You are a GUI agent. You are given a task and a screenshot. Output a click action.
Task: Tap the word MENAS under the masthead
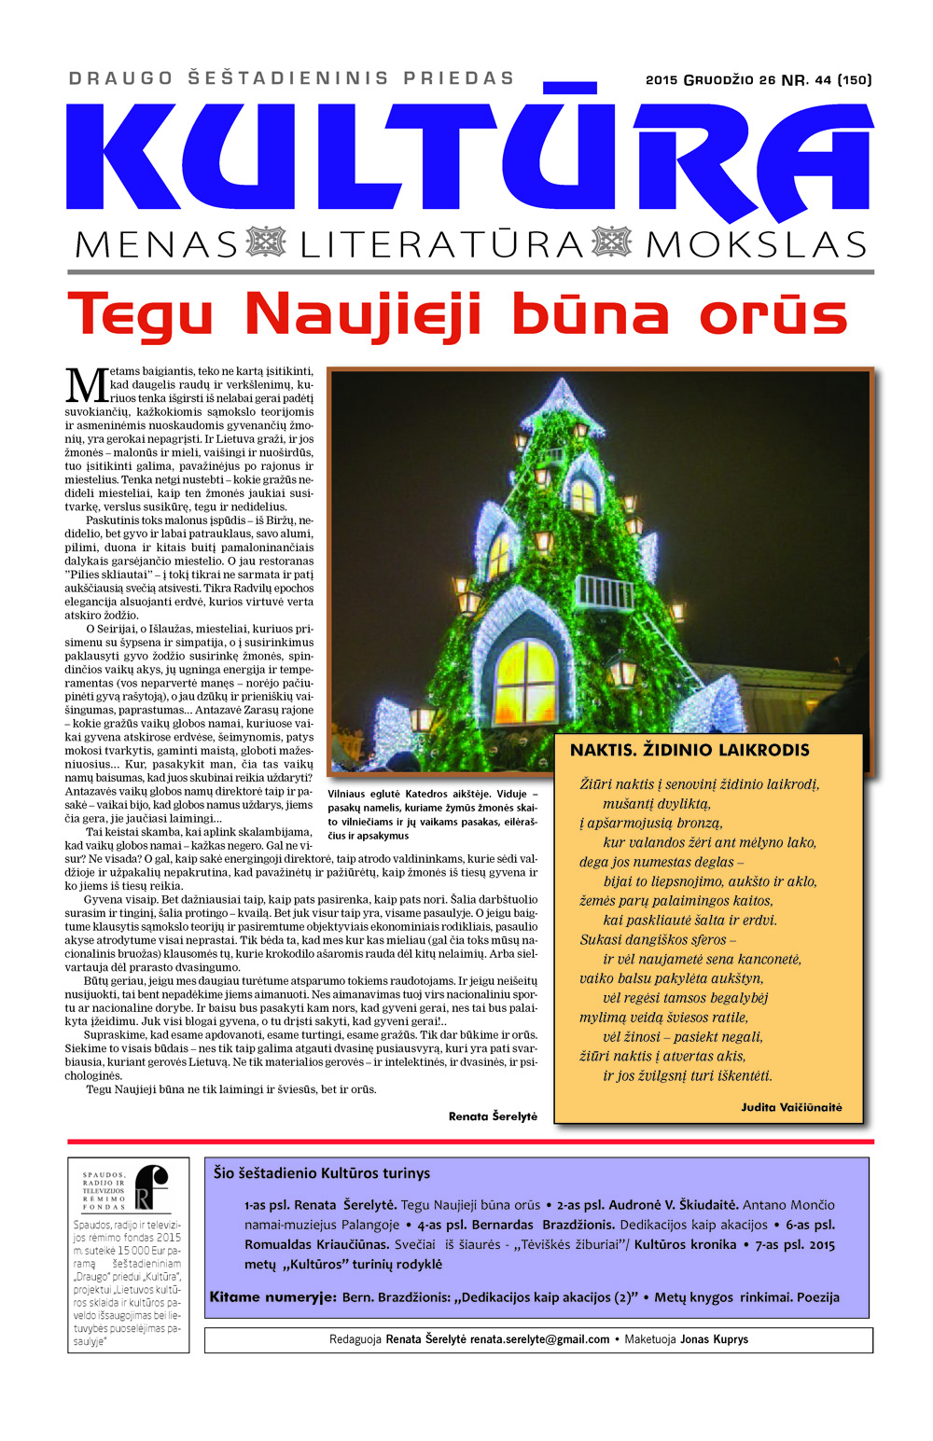click(x=156, y=244)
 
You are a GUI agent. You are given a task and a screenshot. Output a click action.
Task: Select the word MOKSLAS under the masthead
click(x=756, y=244)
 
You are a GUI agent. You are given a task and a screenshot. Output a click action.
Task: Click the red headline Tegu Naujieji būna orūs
click(x=457, y=315)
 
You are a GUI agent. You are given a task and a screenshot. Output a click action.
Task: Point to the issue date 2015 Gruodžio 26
click(x=710, y=80)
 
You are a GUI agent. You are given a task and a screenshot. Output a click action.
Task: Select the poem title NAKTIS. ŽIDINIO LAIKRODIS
click(x=689, y=750)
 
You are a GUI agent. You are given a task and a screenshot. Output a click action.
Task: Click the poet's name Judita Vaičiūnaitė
click(x=791, y=1107)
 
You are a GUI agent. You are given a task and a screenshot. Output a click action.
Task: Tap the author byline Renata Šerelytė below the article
click(x=493, y=1116)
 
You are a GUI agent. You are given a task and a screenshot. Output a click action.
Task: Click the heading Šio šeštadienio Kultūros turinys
click(x=322, y=1173)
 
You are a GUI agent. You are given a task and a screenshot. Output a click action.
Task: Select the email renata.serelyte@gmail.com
click(x=539, y=1339)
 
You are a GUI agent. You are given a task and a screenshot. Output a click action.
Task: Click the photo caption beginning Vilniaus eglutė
click(x=432, y=814)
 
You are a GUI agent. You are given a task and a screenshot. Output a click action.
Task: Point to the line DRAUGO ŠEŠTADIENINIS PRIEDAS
click(x=291, y=78)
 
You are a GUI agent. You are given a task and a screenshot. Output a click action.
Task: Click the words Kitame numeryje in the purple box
click(x=272, y=1297)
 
